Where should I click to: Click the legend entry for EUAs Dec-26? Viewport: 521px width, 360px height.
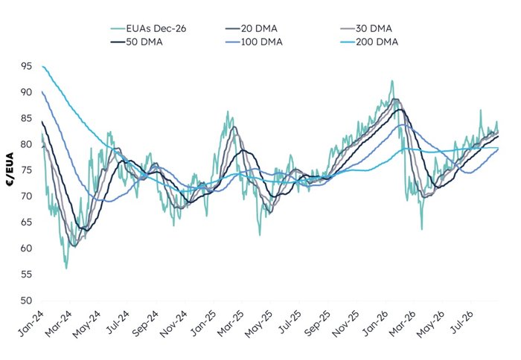[148, 28]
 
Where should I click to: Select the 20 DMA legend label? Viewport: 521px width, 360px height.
[252, 28]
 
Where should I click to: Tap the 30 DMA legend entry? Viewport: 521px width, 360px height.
[366, 28]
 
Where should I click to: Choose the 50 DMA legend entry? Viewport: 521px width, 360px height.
[136, 42]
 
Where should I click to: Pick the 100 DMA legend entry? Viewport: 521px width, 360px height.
[254, 42]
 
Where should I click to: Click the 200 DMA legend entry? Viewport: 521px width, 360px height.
[369, 42]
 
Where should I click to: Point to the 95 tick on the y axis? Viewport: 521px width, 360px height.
[27, 66]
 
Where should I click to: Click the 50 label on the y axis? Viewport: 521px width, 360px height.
[27, 300]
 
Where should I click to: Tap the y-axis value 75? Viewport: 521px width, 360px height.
[27, 170]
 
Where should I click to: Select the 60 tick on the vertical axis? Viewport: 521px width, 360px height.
[27, 248]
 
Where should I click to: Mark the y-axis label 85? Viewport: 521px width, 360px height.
[27, 118]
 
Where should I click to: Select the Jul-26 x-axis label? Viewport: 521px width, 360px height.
[462, 323]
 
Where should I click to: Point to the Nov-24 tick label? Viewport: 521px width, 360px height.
[173, 324]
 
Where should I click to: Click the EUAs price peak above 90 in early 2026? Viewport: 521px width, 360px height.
[392, 80]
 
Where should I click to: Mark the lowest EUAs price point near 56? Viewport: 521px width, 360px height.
[66, 269]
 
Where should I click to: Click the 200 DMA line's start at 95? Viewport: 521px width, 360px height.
[42, 66]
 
